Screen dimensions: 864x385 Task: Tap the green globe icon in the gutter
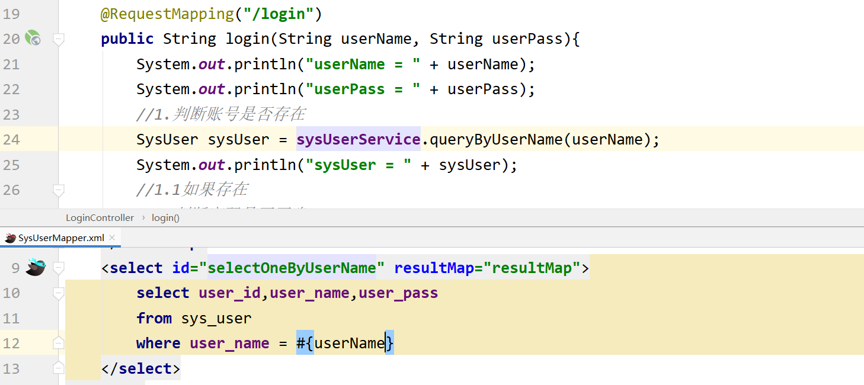tap(33, 39)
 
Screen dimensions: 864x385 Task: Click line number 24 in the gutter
tap(11, 140)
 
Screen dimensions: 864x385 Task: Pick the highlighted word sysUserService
tap(358, 140)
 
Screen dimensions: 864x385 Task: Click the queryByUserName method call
tap(495, 140)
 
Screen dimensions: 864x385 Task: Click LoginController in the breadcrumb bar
tap(100, 218)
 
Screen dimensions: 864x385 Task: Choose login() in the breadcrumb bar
tap(165, 218)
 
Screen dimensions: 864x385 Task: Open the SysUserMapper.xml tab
tap(61, 238)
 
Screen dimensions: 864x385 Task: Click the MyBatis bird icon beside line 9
tap(35, 268)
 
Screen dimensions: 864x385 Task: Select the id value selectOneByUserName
tap(292, 268)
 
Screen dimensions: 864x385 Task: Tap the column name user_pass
tap(398, 293)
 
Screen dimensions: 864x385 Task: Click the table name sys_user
tap(216, 319)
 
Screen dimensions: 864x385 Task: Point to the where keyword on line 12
tap(158, 344)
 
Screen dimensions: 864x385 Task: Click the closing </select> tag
tap(140, 369)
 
